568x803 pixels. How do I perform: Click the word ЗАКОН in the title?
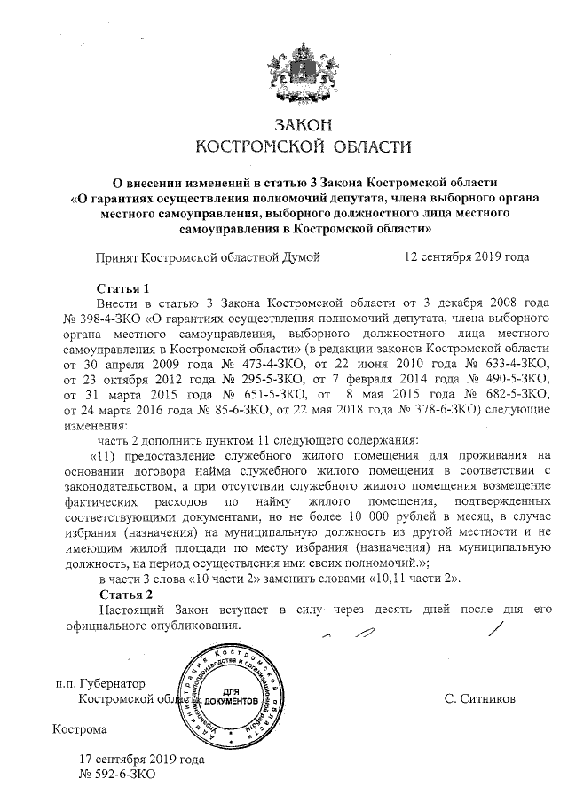(x=284, y=123)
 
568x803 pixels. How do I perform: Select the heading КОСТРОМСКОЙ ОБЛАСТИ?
(x=284, y=146)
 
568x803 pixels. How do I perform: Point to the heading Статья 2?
(x=119, y=594)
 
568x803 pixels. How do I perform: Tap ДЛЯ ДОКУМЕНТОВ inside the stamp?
(x=233, y=697)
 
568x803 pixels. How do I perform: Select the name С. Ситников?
(x=479, y=699)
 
